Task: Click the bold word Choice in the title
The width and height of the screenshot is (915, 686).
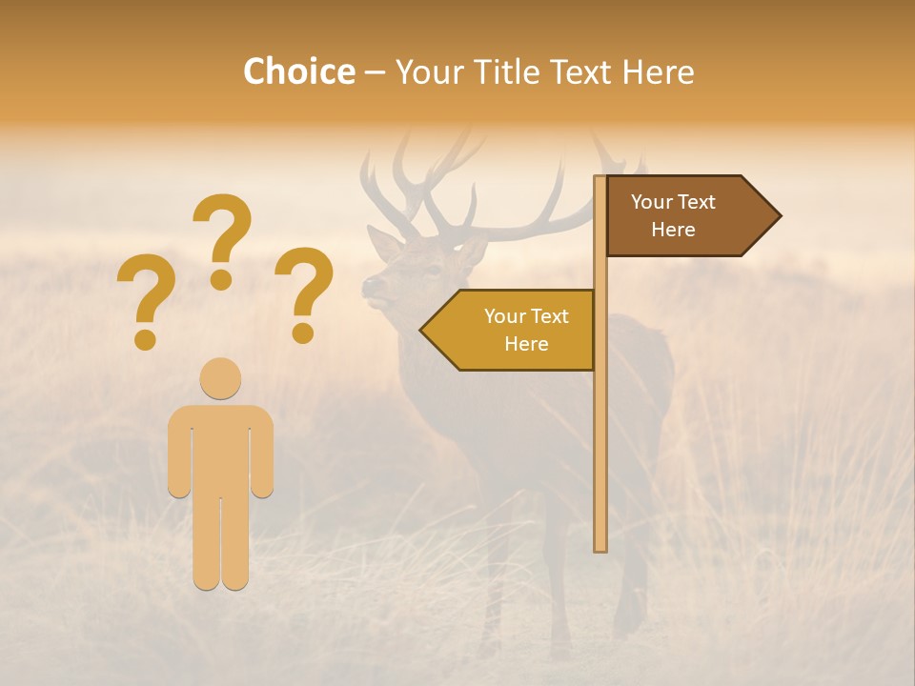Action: click(298, 71)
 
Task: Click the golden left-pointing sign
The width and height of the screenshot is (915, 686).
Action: click(515, 330)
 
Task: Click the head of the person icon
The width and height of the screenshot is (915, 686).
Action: click(220, 378)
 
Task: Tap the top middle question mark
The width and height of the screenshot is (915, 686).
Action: click(223, 238)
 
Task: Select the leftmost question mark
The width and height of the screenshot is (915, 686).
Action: click(145, 300)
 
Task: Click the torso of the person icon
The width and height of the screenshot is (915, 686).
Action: click(220, 448)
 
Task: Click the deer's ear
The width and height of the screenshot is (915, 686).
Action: click(384, 244)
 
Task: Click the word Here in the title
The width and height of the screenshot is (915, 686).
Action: click(658, 71)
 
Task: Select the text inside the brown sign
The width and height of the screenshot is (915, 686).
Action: click(673, 215)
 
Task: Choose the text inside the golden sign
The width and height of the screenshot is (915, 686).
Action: click(526, 330)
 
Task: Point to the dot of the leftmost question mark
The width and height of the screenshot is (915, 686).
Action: click(145, 339)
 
